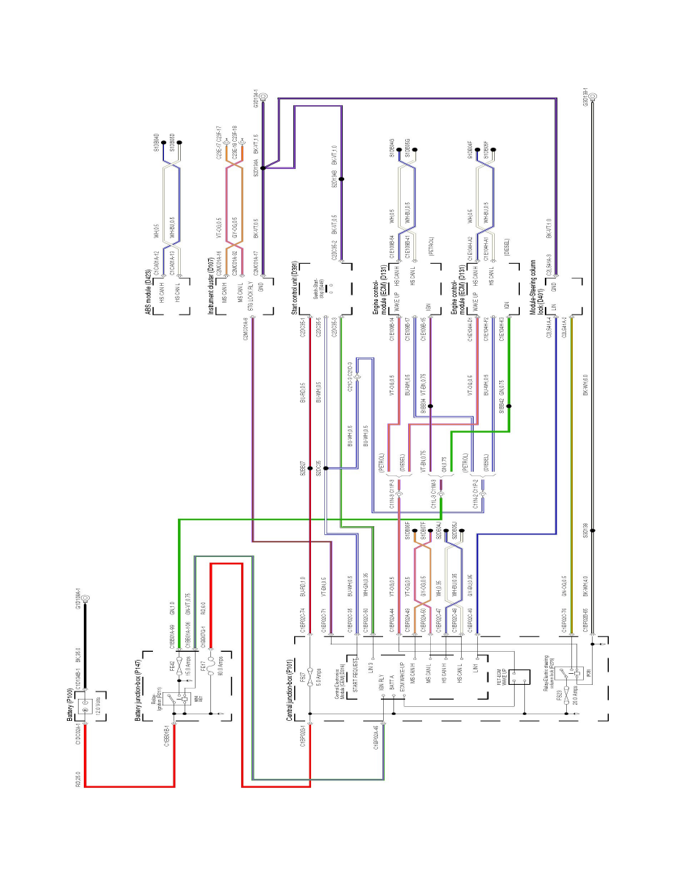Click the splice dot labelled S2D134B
pos(341,178)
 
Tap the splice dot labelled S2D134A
pos(262,168)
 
